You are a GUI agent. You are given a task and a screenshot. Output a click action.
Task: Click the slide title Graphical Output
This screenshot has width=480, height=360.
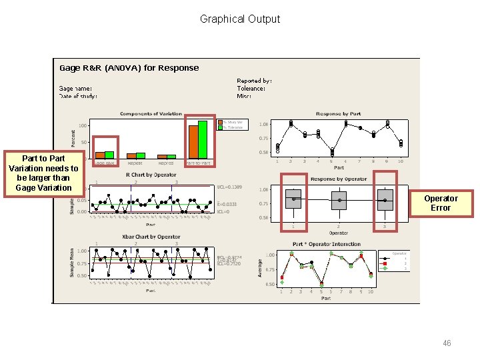240,19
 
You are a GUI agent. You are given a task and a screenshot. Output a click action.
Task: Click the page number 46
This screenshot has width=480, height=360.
447,343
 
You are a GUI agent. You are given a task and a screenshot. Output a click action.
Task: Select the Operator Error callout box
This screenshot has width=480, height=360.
441,203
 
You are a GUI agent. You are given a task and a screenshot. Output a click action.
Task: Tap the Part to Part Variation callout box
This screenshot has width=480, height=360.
43,173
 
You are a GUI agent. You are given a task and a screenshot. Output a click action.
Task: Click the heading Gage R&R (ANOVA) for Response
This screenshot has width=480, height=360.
129,68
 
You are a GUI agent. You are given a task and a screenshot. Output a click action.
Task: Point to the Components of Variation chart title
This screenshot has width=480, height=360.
151,114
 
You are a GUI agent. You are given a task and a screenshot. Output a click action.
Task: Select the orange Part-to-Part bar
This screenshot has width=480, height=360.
193,141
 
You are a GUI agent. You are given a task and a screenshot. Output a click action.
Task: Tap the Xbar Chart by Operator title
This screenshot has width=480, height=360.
151,237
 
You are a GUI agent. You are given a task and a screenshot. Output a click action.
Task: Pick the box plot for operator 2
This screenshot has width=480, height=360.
339,200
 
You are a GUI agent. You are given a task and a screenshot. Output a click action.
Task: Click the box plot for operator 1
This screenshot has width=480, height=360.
293,199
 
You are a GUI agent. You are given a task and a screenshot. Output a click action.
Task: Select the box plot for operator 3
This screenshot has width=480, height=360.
385,200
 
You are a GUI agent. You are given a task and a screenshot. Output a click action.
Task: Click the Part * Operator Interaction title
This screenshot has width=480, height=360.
327,244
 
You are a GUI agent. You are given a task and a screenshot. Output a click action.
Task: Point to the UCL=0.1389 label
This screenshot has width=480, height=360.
229,187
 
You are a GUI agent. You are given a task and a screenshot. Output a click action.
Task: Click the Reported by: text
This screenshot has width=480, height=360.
254,81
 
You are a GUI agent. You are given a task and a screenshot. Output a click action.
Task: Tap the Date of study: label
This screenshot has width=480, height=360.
78,96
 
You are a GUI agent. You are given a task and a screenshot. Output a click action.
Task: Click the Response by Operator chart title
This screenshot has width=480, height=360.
339,179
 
